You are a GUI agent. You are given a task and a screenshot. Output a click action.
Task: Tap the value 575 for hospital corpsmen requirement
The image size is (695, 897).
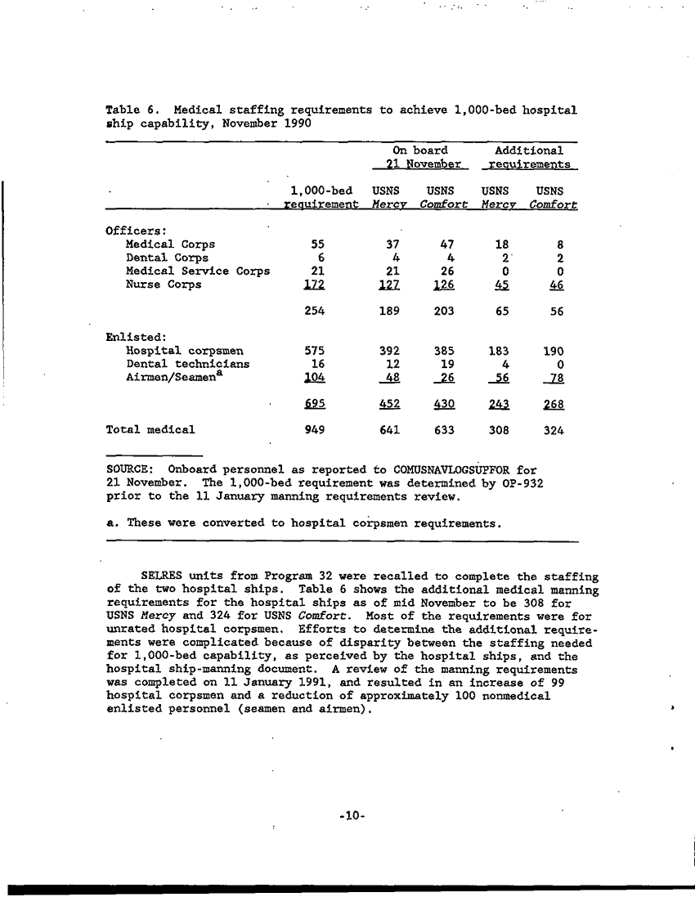[x=314, y=350]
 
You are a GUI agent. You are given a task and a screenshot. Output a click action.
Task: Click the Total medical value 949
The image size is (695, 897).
[x=314, y=428]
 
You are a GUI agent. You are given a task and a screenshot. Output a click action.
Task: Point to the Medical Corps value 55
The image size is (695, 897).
[x=314, y=244]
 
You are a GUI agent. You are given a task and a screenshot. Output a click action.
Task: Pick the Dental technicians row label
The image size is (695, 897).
[x=187, y=364]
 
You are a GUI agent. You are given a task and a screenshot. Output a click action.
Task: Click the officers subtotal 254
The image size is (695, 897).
[x=314, y=312]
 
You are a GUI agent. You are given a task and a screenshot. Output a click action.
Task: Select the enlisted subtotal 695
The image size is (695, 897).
[x=314, y=404]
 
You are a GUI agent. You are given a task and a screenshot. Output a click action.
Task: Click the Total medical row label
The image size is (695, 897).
[x=150, y=428]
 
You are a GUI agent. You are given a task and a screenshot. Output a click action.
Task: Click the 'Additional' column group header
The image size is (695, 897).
[x=529, y=150]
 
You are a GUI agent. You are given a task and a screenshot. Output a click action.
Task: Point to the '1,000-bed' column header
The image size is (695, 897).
[x=321, y=190]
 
